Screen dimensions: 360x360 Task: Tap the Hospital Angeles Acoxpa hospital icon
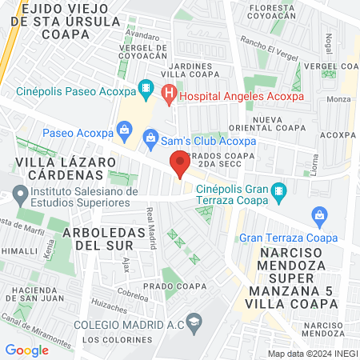(x=169, y=94)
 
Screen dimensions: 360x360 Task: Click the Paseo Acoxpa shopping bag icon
(x=124, y=129)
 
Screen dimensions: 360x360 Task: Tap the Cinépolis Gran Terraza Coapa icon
(x=278, y=190)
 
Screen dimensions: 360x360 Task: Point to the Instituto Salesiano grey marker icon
(x=18, y=193)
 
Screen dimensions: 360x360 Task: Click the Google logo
(x=26, y=350)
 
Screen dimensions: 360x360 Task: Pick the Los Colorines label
(x=119, y=339)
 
